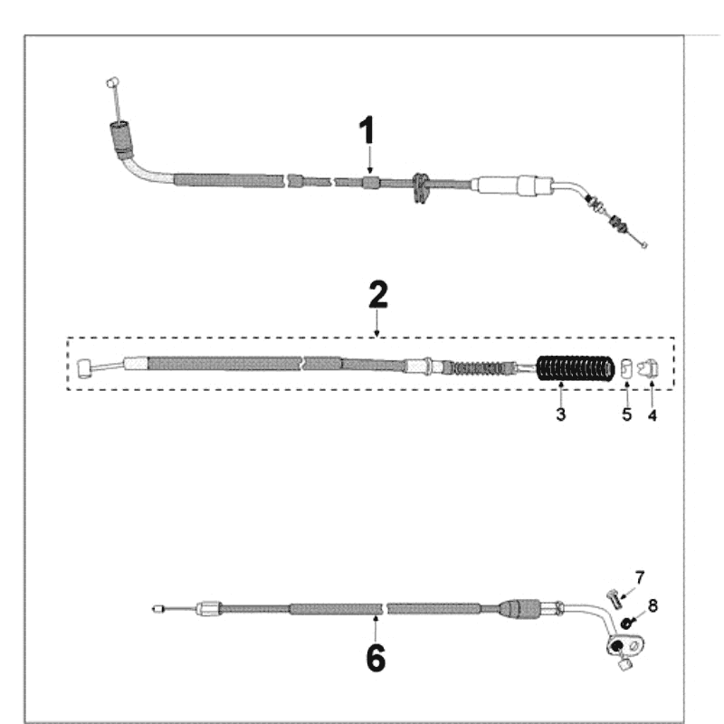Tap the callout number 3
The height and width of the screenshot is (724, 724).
coord(560,414)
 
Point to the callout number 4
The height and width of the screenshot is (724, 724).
coord(652,415)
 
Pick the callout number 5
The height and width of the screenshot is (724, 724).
coord(626,414)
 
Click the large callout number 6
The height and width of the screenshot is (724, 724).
coord(376,658)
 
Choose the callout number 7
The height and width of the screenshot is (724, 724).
coord(640,577)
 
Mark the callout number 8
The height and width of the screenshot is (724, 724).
coord(653,605)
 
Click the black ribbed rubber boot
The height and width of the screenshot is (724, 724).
coord(576,368)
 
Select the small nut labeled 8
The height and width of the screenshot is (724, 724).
coord(626,624)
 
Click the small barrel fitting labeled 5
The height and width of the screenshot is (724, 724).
coord(625,368)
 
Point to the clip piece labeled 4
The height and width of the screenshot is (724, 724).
coord(648,368)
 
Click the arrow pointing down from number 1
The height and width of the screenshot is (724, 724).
coord(369,161)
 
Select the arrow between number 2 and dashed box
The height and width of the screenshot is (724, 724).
coord(377,323)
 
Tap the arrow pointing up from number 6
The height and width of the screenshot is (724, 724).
coord(376,628)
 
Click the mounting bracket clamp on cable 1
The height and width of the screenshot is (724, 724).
coord(420,188)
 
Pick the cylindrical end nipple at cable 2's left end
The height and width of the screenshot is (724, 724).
coord(83,369)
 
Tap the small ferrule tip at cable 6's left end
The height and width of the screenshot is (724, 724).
coord(157,609)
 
